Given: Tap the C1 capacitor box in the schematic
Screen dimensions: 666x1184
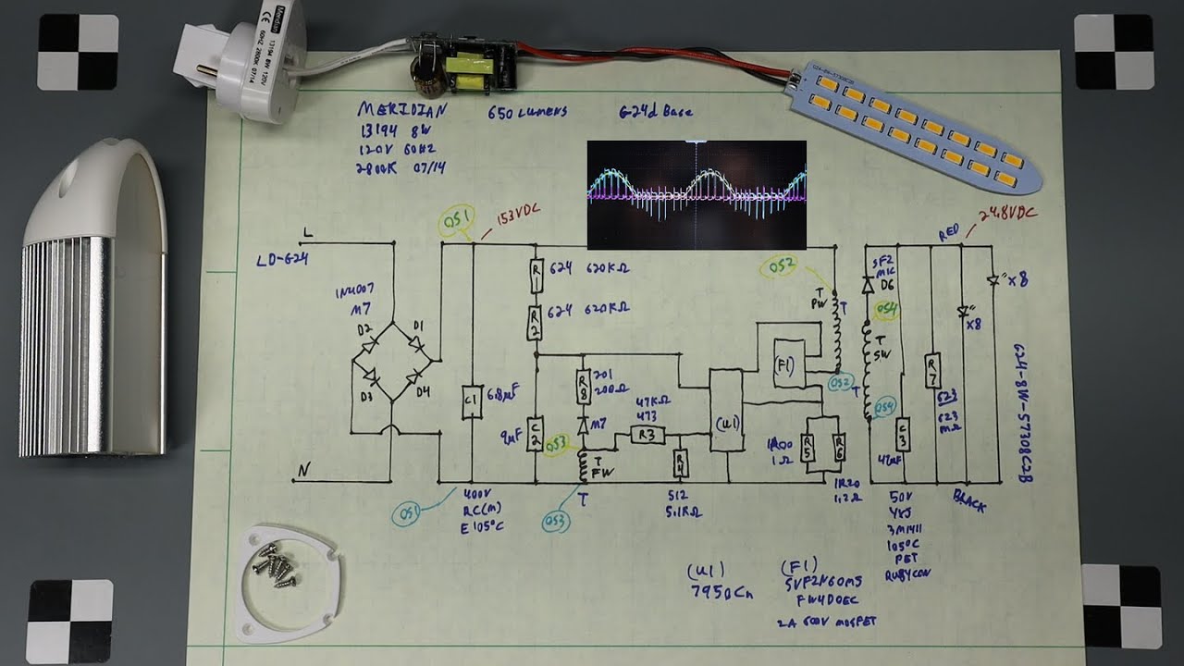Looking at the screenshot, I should click(x=472, y=401).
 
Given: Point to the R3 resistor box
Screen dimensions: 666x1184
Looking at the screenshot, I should click(x=647, y=434).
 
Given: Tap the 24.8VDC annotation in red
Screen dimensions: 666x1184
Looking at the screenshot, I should click(x=1007, y=215).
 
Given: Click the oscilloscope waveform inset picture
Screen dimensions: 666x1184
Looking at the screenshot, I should click(x=697, y=195).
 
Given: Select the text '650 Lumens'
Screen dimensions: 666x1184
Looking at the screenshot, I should click(x=526, y=113).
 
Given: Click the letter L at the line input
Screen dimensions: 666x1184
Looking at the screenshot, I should click(x=308, y=233).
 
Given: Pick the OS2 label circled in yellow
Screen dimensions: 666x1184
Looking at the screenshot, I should click(x=779, y=268).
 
